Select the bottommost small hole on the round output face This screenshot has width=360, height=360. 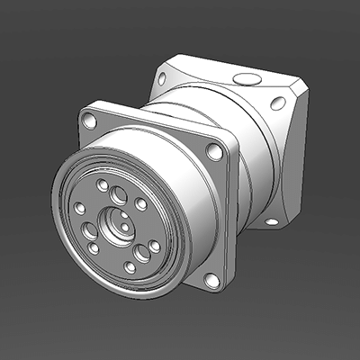130,267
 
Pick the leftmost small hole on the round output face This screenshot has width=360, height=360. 79,208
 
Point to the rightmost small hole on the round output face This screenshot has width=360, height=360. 154,246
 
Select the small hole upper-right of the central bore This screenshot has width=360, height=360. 141,204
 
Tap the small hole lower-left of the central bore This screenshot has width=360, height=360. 94,248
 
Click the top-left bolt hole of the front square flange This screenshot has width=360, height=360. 88,119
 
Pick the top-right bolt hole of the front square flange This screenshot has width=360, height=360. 214,151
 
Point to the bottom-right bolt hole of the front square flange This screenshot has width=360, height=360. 211,281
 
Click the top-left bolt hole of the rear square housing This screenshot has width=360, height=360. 162,78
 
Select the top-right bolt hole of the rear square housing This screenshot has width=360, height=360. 278,103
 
